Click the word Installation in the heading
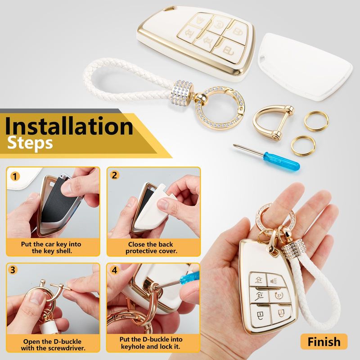[x=69, y=126]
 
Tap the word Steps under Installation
[x=30, y=144]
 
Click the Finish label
[x=324, y=342]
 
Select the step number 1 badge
[x=15, y=176]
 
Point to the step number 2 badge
[x=114, y=175]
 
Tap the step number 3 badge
[x=13, y=270]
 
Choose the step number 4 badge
[x=114, y=270]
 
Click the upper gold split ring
[x=316, y=112]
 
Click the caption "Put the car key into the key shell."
[x=51, y=247]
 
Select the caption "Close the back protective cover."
[x=151, y=247]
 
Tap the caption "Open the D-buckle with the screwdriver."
[x=53, y=345]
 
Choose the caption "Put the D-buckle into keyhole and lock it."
[x=151, y=343]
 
